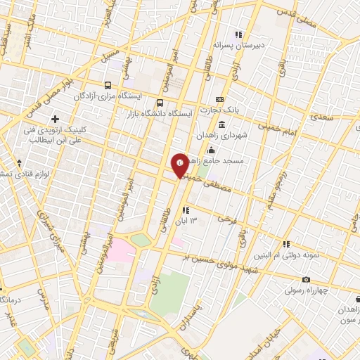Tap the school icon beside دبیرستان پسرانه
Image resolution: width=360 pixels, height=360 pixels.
239,34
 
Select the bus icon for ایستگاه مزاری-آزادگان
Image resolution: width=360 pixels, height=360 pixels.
107,83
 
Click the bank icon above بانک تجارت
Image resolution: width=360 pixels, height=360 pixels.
220,99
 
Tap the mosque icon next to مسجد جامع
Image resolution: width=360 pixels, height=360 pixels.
211,150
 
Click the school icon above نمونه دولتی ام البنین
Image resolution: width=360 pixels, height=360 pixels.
286,244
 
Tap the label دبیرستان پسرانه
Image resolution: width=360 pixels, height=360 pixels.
259,45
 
